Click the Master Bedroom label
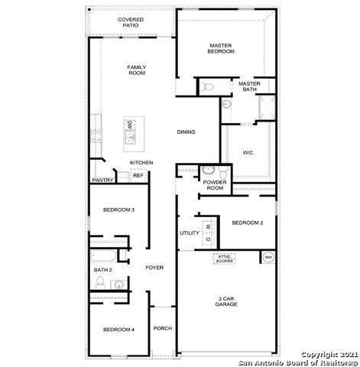(221, 48)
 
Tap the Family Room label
(137, 70)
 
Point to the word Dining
(186, 132)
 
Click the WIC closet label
(247, 152)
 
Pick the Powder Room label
(213, 185)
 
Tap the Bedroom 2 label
(247, 222)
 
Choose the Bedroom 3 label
(118, 209)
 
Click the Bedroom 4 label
(118, 329)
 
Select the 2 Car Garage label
(225, 300)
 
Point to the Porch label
(162, 329)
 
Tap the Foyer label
(156, 267)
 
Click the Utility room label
(189, 232)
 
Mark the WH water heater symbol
(268, 257)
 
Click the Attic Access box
(224, 258)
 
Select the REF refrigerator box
(138, 176)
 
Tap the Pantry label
(102, 180)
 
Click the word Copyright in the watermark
(316, 354)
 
